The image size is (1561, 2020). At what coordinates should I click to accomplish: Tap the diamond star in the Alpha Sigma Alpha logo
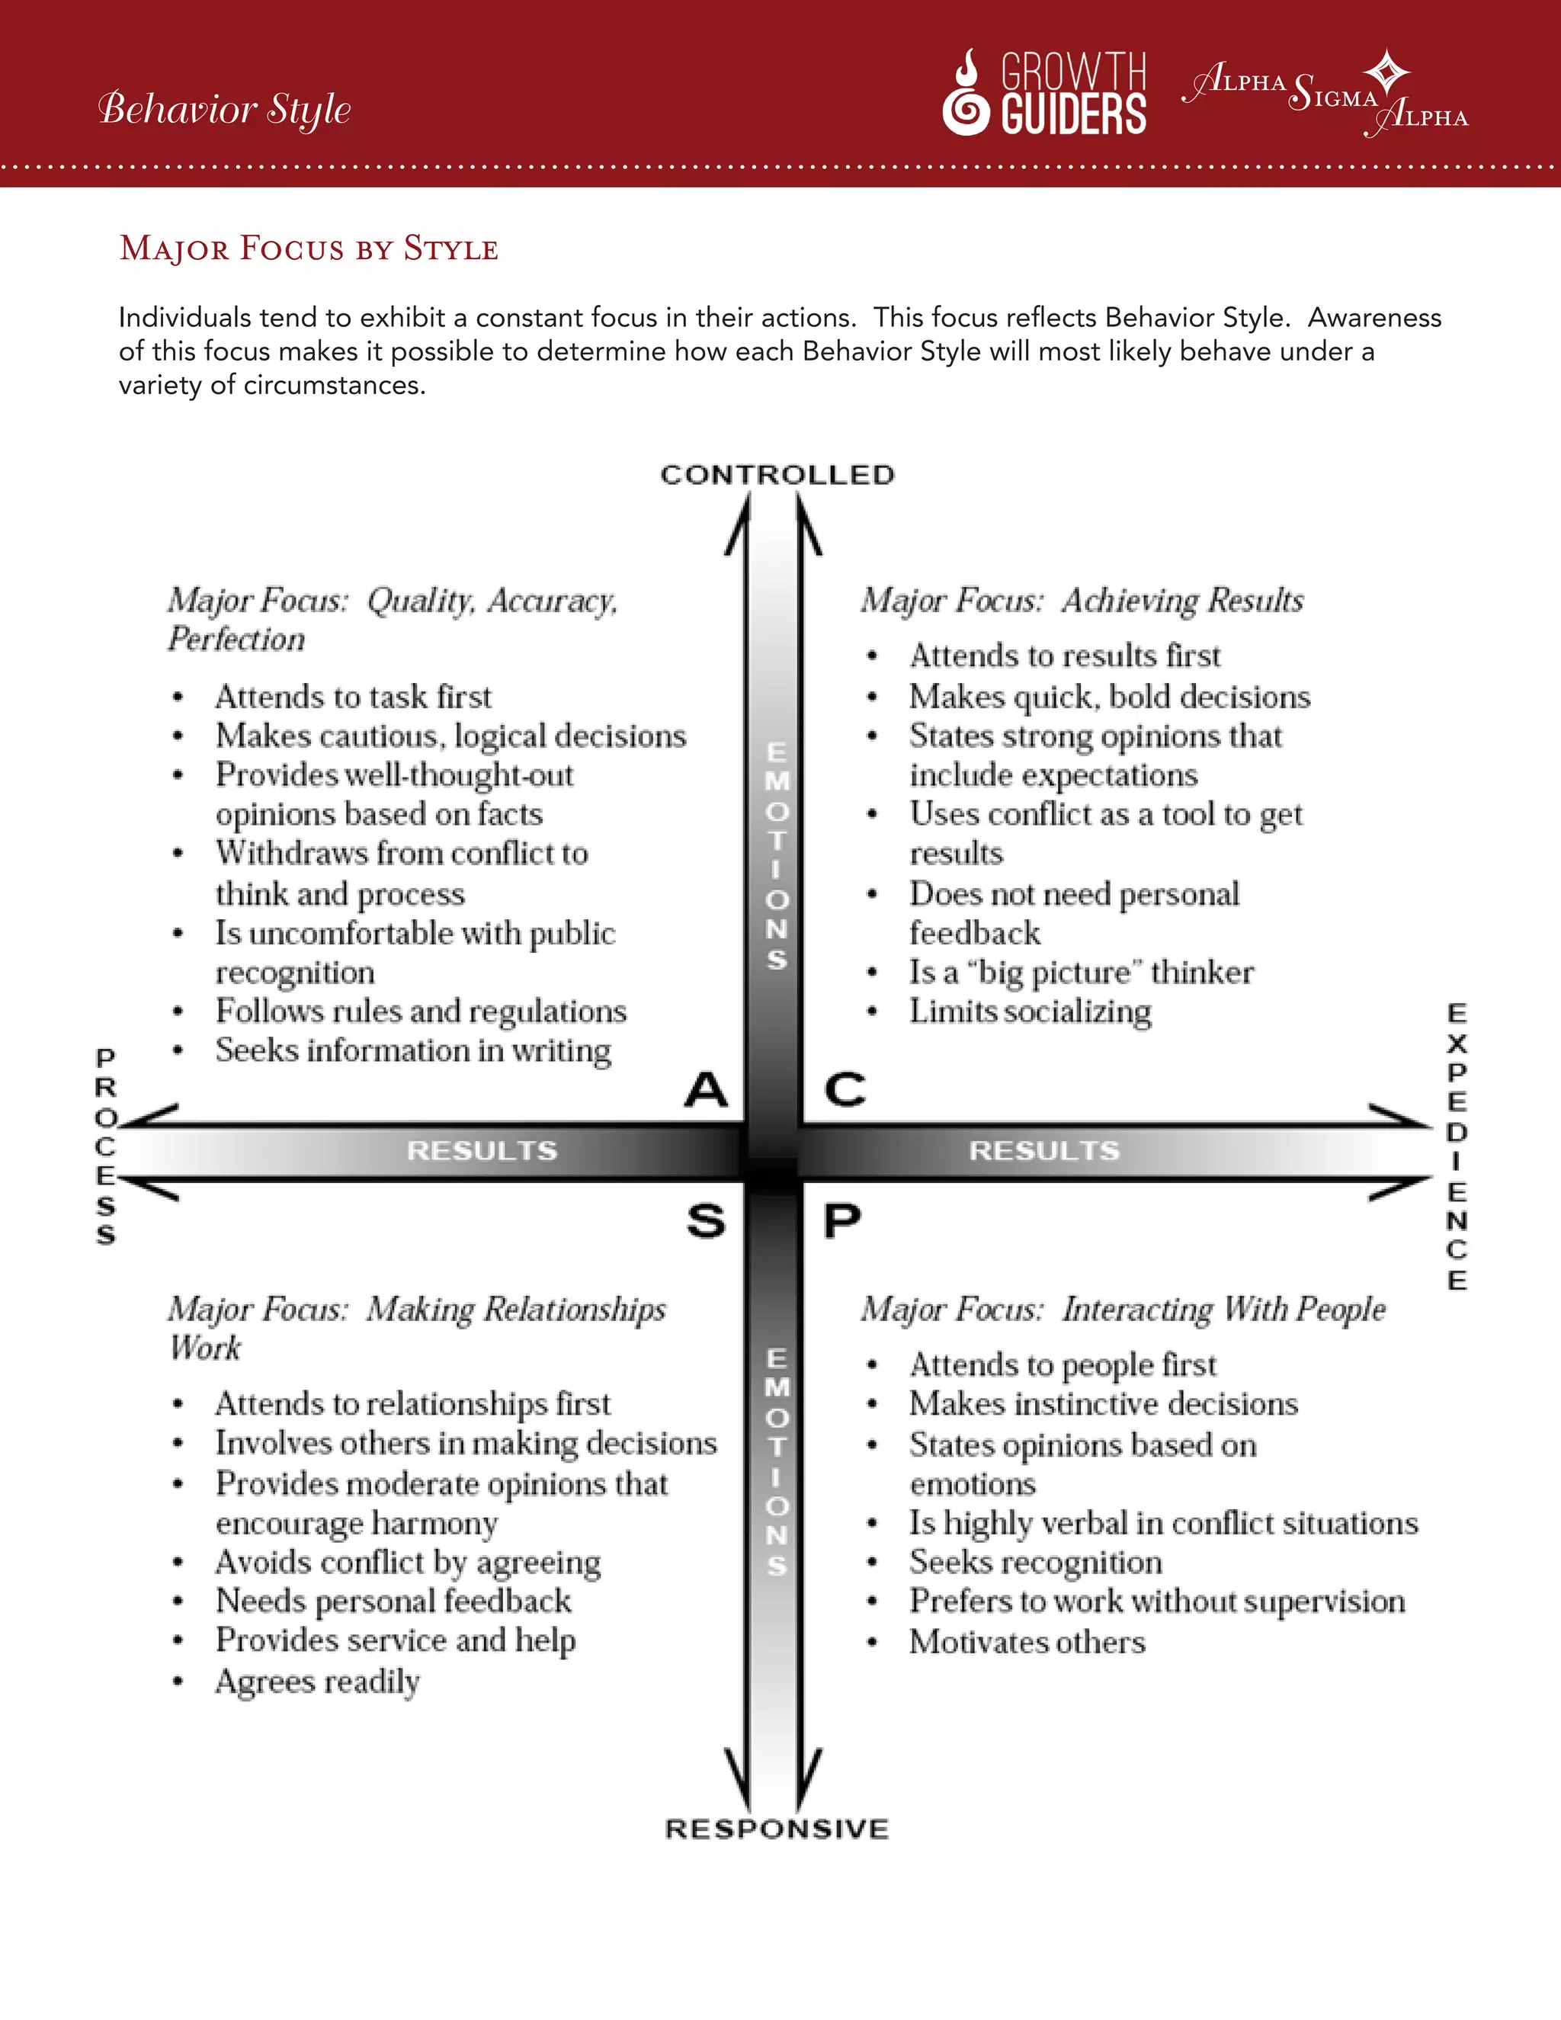(1387, 71)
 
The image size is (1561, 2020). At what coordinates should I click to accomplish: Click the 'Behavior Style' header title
(225, 109)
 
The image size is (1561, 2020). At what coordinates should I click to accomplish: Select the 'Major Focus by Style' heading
(309, 248)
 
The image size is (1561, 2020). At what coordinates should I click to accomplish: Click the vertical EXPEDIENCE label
(1457, 1147)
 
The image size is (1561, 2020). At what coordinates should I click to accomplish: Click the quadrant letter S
(707, 1222)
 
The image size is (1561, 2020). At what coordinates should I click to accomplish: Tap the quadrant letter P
(842, 1222)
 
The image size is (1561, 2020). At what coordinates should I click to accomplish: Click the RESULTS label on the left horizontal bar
(482, 1150)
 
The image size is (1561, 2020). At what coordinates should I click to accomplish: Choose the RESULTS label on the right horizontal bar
(1044, 1150)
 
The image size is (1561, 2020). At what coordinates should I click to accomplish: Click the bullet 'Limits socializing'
(1031, 1012)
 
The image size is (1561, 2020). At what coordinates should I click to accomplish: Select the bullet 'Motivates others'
(1027, 1643)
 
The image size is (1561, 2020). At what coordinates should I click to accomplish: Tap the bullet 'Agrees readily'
(317, 1682)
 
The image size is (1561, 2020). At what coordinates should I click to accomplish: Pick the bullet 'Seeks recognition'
(1036, 1562)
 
